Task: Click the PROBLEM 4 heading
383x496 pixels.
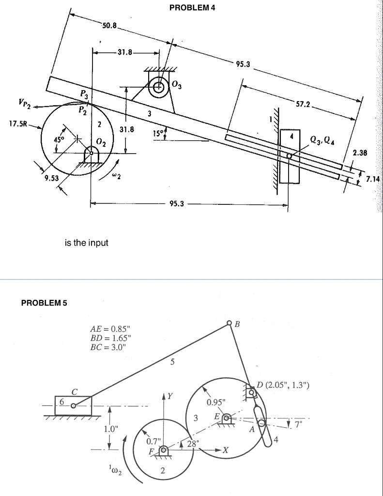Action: coord(192,8)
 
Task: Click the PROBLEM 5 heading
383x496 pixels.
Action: coord(44,303)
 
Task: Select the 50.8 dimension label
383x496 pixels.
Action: coord(109,25)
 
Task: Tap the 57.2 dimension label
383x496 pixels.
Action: coord(304,104)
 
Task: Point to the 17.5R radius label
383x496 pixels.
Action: coord(18,124)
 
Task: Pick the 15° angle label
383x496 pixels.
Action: coord(159,132)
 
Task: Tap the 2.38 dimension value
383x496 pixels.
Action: coord(360,153)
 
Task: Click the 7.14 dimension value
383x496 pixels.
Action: coord(372,179)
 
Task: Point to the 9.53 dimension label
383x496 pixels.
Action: coord(51,178)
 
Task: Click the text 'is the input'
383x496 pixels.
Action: coord(87,243)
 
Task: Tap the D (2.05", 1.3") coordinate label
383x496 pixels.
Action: coord(283,385)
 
